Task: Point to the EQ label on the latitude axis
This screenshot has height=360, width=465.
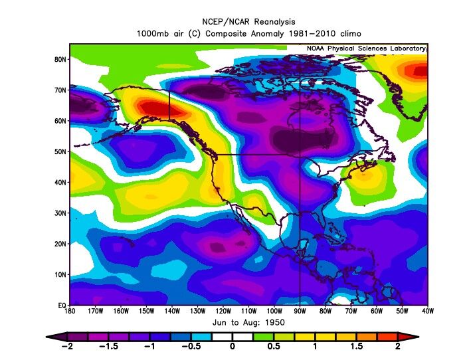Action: pos(60,305)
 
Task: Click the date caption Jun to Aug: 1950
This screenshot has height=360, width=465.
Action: pos(248,321)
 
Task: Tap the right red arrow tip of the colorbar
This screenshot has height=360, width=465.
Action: pos(417,337)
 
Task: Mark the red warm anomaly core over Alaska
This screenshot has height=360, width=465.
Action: pos(150,108)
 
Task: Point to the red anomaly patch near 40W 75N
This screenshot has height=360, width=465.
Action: pos(420,70)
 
